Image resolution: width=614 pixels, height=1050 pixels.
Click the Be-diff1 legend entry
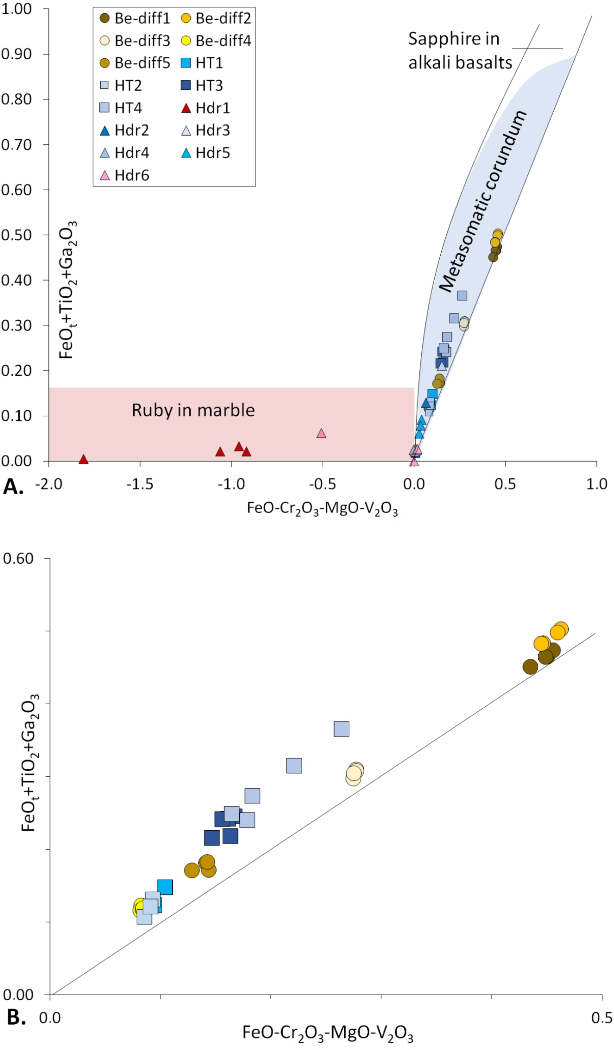(134, 18)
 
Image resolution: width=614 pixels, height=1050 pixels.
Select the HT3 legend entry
(202, 85)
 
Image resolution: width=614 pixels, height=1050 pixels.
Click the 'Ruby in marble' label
(193, 411)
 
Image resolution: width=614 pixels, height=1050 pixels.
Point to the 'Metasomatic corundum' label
(483, 202)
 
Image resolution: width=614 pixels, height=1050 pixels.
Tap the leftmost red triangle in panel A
(83, 459)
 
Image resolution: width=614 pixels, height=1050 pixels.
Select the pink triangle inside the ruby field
(321, 433)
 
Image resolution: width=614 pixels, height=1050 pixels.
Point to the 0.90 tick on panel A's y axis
(17, 54)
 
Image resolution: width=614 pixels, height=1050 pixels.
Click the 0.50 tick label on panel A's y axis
(17, 235)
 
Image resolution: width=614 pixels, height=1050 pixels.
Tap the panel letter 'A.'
(13, 487)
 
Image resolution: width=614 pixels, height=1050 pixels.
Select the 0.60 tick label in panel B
(18, 559)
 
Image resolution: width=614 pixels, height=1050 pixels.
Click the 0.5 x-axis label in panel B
(601, 1018)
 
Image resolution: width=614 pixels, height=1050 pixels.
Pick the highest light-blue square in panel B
(341, 729)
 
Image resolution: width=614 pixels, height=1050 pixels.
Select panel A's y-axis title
(67, 290)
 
